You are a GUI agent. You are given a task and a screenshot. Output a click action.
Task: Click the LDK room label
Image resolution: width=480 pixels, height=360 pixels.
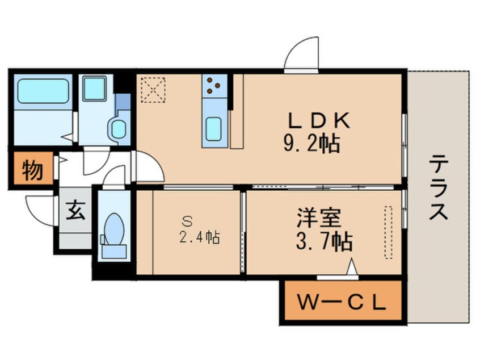[x=319, y=121]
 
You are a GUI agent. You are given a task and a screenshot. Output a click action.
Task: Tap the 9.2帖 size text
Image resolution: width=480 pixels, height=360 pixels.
[x=311, y=144]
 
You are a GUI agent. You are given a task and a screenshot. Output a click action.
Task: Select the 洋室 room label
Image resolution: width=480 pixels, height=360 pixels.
[x=319, y=218]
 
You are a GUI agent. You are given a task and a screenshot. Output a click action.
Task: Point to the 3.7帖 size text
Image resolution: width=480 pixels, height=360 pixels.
[x=324, y=241]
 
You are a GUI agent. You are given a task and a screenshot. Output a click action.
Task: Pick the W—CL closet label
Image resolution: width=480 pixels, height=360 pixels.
[x=341, y=303]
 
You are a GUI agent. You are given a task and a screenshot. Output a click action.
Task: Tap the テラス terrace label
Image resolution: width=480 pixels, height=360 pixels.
[x=438, y=187]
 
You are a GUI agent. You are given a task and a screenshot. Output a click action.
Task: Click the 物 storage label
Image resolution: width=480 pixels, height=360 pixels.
[x=32, y=169]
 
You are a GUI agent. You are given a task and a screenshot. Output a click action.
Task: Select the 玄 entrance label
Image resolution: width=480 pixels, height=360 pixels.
[x=75, y=210]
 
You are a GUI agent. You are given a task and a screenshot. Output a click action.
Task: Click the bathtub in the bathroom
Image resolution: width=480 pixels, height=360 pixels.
[x=43, y=91]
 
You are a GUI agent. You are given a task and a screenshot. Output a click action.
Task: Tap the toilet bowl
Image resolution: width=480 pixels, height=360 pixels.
[x=113, y=229]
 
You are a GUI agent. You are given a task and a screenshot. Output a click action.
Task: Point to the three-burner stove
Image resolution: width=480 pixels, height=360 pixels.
[x=214, y=86]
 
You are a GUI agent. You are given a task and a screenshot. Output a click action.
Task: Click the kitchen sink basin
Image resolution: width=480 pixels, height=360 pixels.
[x=213, y=129]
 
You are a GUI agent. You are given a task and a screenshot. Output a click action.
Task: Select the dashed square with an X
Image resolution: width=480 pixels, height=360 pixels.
[x=153, y=90]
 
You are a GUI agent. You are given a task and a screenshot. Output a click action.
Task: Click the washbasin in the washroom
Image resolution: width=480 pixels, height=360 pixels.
[x=119, y=129]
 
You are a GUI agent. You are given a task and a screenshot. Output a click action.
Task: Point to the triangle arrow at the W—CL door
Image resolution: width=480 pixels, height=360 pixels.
[x=352, y=267]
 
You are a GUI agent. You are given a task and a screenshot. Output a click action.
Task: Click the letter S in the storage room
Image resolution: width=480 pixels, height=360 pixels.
[x=187, y=221]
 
